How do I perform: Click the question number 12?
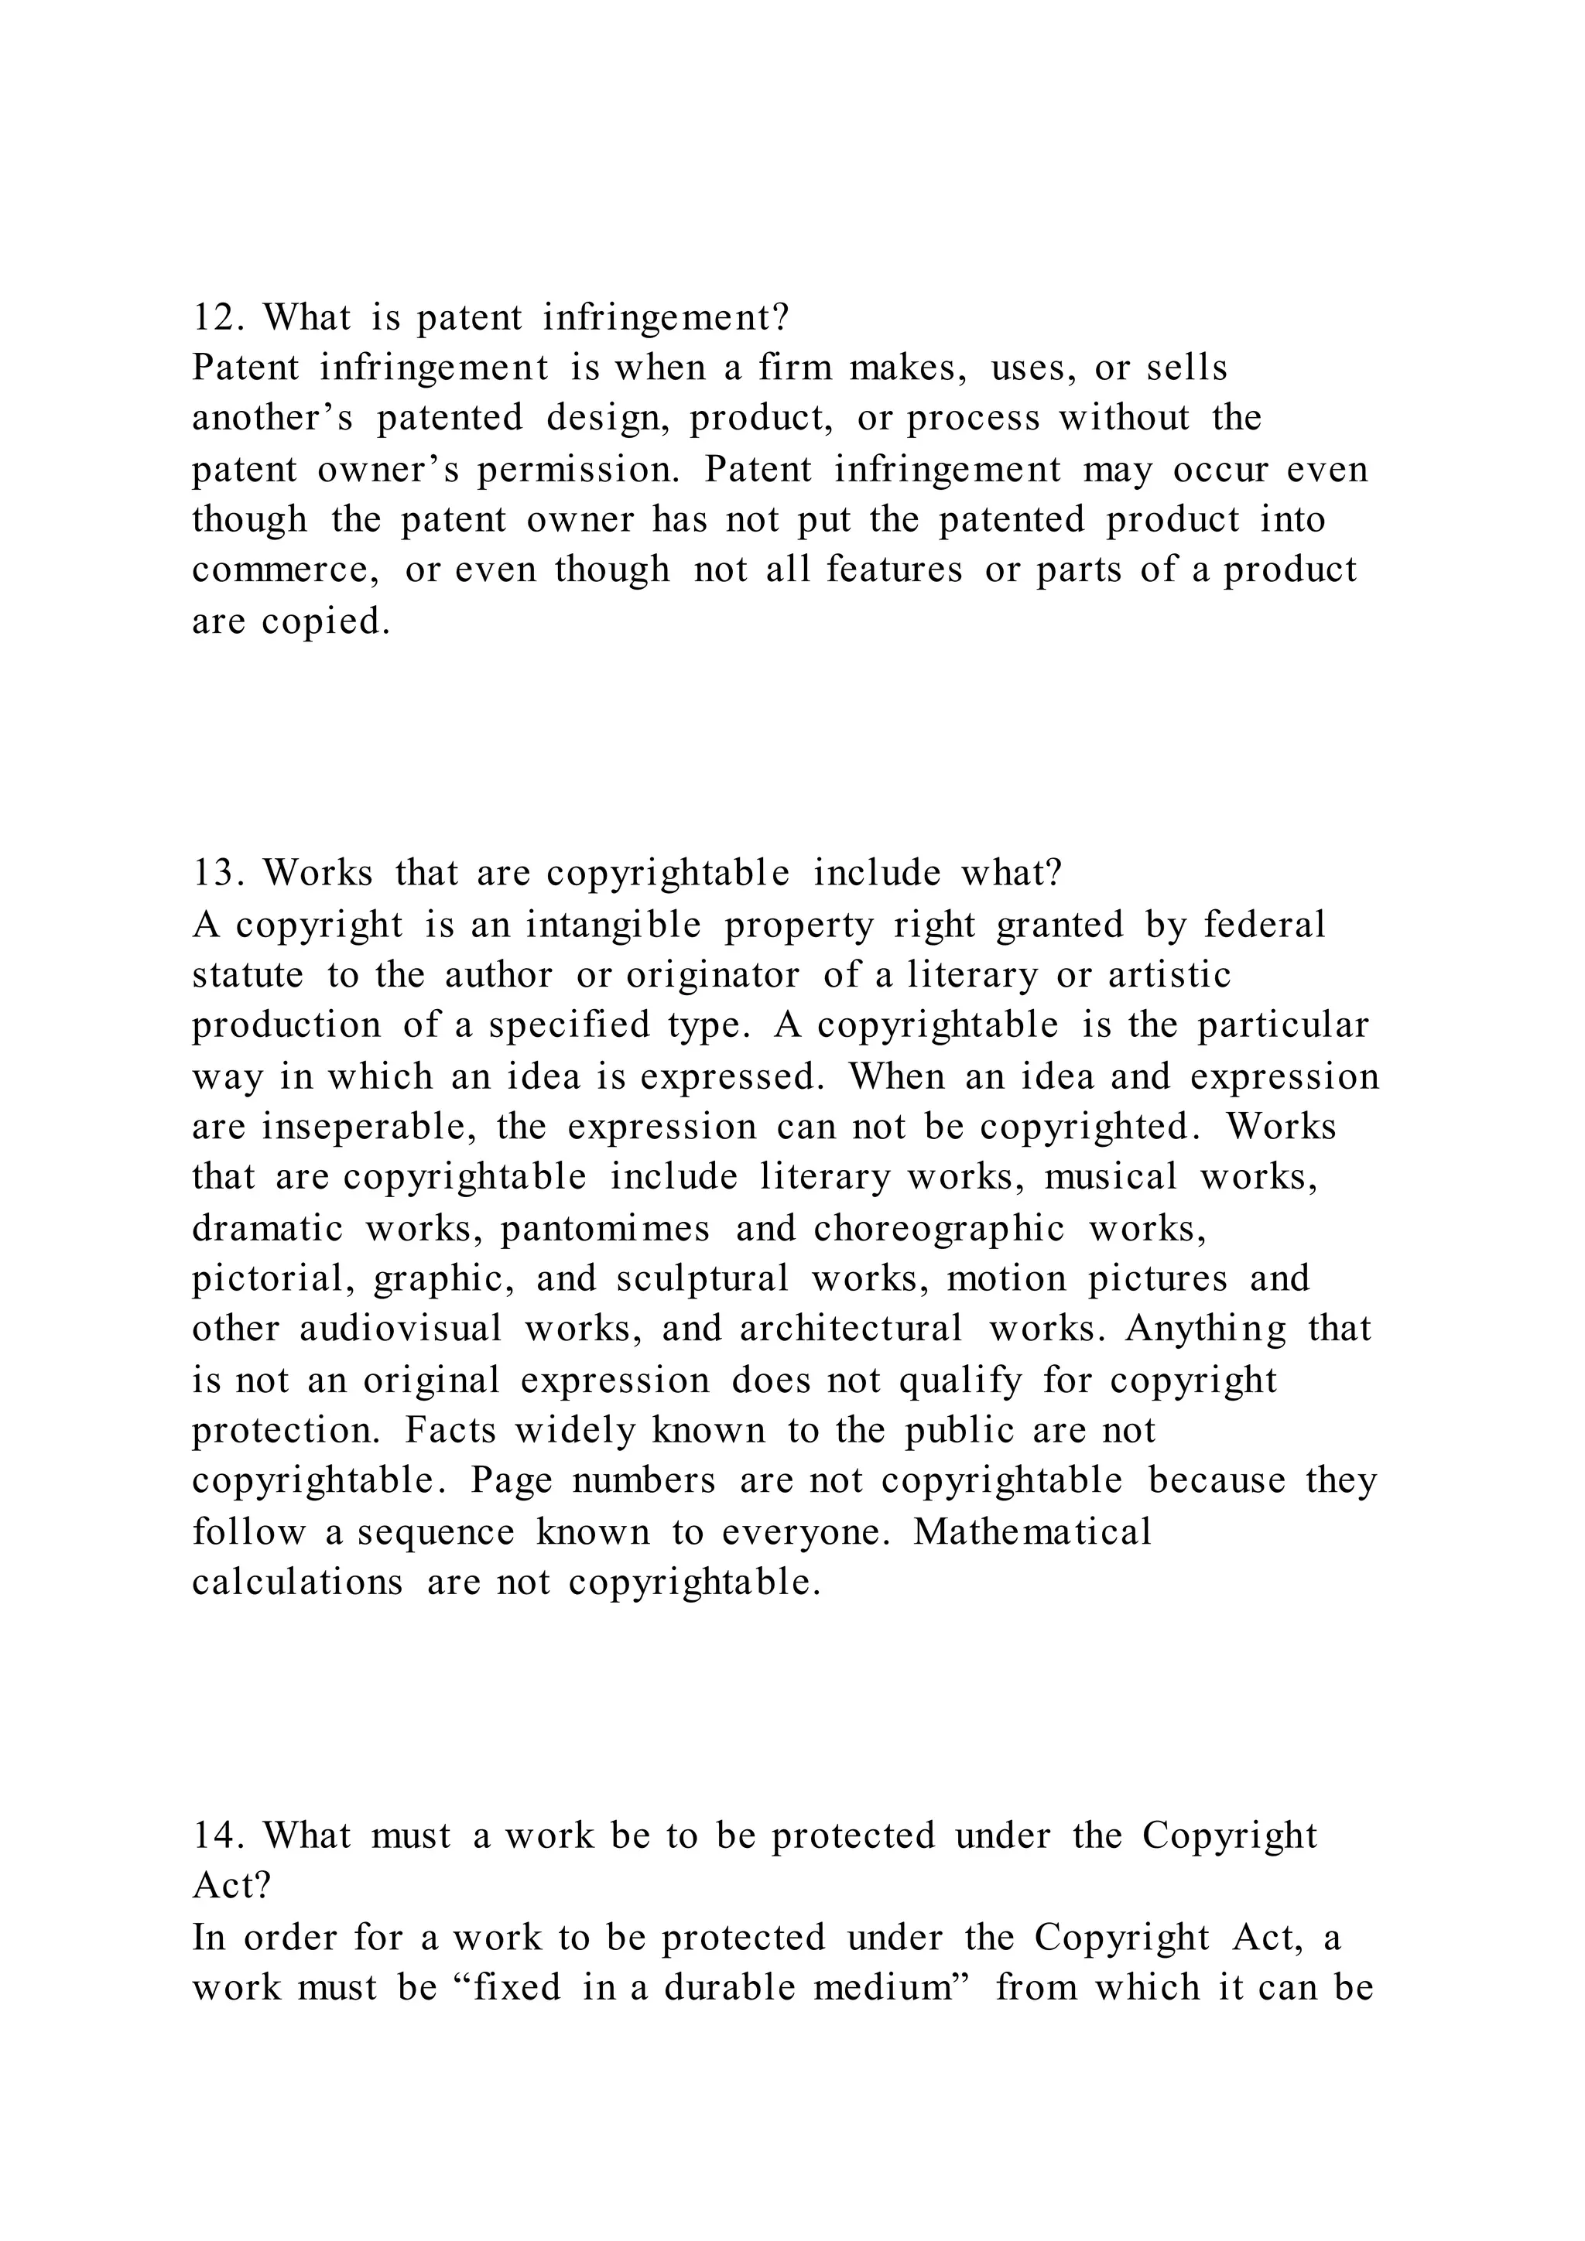click(x=223, y=318)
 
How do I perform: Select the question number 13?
click(x=223, y=873)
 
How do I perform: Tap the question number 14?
click(x=223, y=1836)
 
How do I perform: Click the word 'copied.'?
click(x=326, y=621)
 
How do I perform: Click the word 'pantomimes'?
click(x=605, y=1229)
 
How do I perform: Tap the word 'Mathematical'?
click(x=1032, y=1531)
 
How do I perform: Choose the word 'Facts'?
click(x=451, y=1431)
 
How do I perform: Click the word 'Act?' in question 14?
click(x=231, y=1887)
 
